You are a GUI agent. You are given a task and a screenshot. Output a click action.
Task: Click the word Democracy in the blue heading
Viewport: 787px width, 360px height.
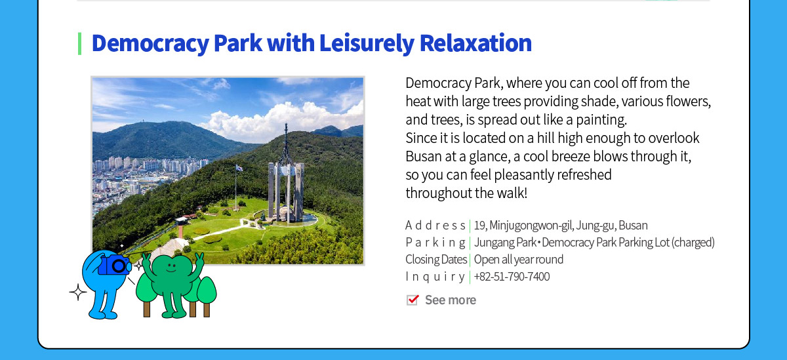pos(150,43)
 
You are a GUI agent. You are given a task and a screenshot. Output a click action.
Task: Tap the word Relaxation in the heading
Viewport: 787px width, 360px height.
pos(475,43)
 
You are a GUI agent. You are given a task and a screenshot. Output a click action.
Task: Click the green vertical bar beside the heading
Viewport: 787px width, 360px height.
pos(80,43)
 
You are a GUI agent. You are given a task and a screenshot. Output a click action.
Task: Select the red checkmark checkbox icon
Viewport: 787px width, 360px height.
pos(413,300)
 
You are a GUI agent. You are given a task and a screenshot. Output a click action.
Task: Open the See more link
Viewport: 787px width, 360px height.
pos(451,300)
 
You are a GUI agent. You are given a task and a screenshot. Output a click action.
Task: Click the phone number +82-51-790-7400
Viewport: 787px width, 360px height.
pos(512,277)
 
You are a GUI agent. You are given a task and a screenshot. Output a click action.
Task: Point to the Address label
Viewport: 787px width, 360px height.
pos(435,225)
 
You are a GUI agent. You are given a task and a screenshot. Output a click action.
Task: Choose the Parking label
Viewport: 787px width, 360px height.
pos(435,243)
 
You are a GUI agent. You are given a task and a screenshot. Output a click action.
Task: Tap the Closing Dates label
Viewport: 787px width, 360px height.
pos(436,260)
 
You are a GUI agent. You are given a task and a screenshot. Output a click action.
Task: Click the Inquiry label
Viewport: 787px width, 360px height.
pos(435,277)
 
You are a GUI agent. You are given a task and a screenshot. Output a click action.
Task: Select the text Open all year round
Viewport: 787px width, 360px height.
pos(519,260)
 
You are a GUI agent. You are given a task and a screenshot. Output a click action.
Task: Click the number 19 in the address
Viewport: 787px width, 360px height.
pos(479,225)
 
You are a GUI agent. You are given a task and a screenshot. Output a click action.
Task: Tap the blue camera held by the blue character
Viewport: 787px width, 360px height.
pos(114,265)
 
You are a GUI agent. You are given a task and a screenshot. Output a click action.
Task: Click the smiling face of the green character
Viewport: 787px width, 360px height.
pos(171,268)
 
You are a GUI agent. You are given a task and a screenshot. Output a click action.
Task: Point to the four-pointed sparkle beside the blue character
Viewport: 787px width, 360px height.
pos(78,292)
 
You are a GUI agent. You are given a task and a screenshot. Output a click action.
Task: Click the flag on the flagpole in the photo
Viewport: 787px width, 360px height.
pos(239,168)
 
